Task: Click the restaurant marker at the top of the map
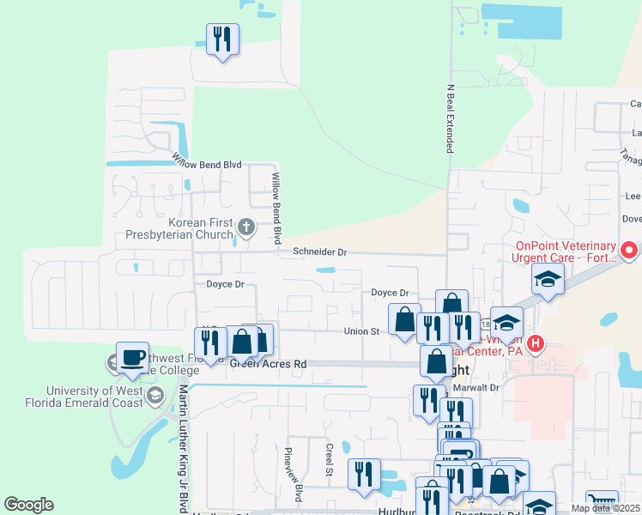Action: click(222, 39)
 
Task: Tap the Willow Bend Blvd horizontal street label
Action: click(207, 161)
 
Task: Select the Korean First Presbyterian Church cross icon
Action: click(246, 227)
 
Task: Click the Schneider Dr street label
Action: click(319, 252)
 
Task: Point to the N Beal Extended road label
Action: click(448, 118)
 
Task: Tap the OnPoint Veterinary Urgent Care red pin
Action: click(630, 251)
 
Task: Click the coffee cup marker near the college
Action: click(132, 358)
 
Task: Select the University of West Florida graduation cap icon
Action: click(155, 396)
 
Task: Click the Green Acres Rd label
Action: click(268, 364)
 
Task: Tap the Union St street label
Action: click(361, 331)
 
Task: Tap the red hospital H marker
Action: click(536, 345)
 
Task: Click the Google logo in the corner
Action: click(28, 505)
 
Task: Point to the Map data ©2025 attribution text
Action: click(604, 508)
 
